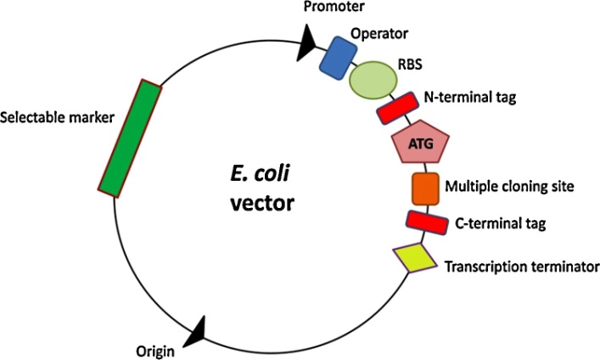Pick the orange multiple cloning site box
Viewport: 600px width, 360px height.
coord(425,188)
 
